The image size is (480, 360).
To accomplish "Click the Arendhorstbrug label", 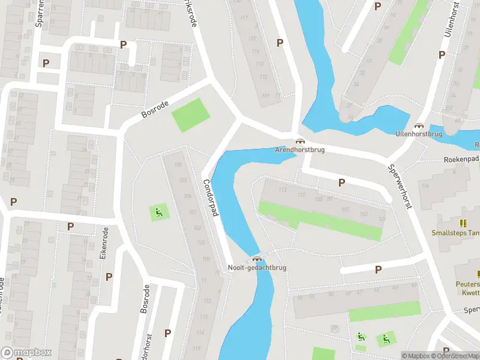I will (x=299, y=149).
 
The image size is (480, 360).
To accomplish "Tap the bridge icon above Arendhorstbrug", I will (x=298, y=140).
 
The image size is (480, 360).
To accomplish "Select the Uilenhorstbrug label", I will (x=418, y=134).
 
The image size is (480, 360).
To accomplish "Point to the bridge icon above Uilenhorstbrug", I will (x=418, y=125).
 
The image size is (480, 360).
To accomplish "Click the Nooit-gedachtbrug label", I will (x=257, y=268).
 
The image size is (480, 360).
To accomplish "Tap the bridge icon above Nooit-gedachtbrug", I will (x=257, y=259).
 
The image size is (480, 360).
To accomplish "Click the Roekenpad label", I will (x=461, y=160).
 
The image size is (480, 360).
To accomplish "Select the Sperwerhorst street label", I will (x=400, y=187).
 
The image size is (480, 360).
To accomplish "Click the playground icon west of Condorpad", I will (x=158, y=211).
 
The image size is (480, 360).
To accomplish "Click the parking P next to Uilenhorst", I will (x=442, y=55).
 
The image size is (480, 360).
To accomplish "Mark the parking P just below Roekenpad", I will (x=342, y=183).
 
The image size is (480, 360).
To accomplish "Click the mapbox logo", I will (x=26, y=353).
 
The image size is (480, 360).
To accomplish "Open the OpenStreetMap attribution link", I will (x=455, y=356).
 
